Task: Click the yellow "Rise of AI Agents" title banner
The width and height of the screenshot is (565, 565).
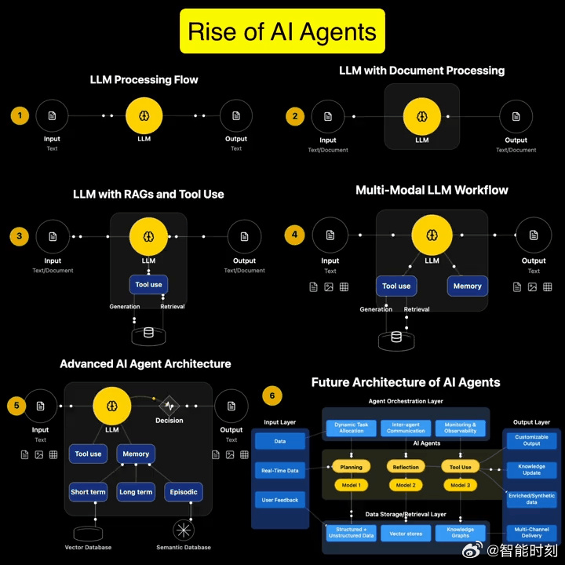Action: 282,31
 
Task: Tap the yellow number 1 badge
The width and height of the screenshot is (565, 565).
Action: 20,116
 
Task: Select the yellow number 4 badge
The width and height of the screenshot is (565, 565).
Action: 294,234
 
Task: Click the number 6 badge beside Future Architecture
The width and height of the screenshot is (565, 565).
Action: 272,395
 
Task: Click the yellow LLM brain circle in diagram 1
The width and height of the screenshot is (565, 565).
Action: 144,115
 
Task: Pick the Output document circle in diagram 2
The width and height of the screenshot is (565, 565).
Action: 516,116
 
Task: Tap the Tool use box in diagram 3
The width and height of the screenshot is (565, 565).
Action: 148,285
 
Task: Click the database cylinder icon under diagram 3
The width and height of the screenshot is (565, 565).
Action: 148,333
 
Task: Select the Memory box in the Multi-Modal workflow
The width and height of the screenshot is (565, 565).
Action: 467,286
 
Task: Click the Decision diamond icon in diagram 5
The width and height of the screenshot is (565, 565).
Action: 169,406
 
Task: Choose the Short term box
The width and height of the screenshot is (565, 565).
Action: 88,492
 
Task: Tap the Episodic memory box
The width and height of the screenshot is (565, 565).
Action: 183,492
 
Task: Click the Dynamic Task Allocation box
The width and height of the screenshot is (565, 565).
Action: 351,428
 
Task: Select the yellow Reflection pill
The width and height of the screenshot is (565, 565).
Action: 406,467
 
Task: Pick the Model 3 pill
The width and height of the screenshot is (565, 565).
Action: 461,485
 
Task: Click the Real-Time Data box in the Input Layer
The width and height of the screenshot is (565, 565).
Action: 280,471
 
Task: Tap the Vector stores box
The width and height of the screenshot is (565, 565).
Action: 406,533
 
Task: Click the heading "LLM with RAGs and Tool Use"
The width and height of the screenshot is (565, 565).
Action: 148,194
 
